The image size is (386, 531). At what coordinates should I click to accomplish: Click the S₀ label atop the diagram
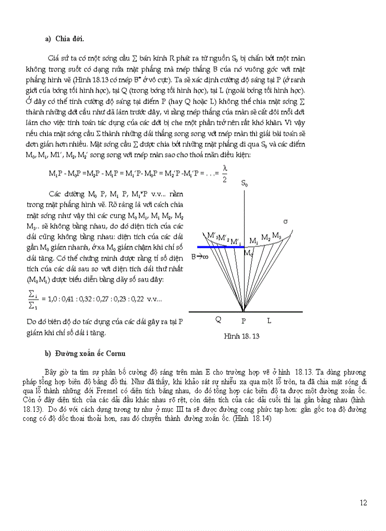coord(244,183)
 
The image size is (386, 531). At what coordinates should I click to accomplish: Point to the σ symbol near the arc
coord(285,221)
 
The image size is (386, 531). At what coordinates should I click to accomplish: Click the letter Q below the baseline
coord(218,320)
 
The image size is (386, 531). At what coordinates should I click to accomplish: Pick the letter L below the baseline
coord(269,320)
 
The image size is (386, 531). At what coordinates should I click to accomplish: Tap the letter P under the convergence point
coord(244,320)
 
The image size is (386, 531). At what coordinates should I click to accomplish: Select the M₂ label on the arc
coord(266,237)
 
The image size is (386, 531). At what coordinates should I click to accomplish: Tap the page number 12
coord(363,503)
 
